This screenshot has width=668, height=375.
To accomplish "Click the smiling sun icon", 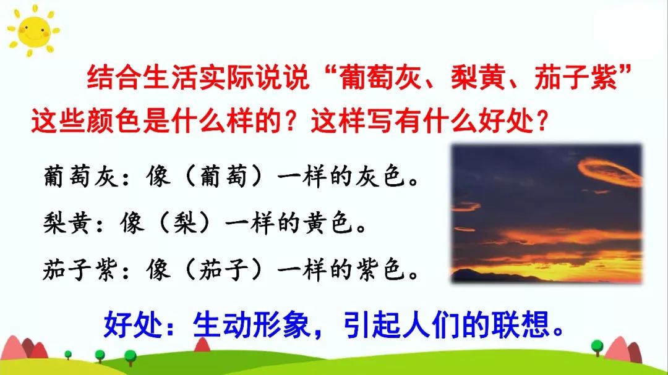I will [31, 31].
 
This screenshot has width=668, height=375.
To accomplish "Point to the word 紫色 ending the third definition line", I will [384, 270].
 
